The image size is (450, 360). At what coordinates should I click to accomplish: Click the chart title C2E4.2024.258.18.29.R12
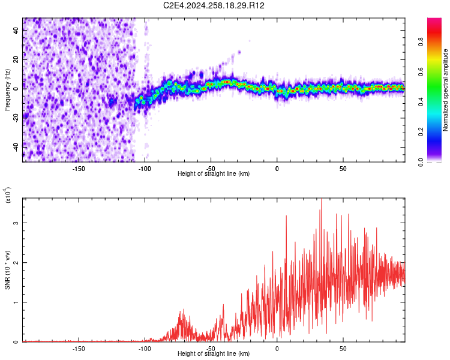pos(214,5)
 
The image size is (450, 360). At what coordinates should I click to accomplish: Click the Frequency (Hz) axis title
pos(7,90)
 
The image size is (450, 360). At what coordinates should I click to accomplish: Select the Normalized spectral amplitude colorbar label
pos(445,90)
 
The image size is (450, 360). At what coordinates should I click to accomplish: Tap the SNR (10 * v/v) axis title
pos(7,270)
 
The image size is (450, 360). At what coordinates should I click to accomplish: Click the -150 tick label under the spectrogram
pos(79,169)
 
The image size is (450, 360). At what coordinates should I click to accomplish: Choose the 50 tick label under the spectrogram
pos(343,169)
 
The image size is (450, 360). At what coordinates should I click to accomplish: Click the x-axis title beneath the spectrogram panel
pos(214,174)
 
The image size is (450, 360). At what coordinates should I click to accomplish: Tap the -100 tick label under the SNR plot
pos(145,349)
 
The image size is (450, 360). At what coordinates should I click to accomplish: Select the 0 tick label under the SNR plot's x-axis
pos(277,349)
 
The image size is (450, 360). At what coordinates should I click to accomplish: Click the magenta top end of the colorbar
pos(434,21)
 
